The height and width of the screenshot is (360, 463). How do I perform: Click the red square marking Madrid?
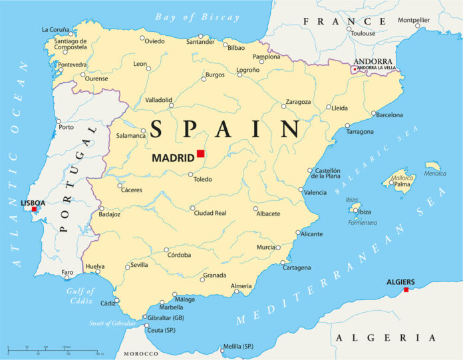200,154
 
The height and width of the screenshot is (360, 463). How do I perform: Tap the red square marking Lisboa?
34,209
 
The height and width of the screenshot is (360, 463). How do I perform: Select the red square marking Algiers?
406,289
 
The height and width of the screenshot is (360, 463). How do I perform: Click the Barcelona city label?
389,115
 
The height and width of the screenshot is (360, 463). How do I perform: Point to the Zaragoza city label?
298,102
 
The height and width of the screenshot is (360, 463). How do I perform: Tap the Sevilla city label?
139,265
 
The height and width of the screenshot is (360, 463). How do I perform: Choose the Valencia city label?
315,192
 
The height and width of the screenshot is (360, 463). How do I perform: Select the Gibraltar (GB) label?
166,317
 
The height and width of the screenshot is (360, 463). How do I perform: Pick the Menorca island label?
435,174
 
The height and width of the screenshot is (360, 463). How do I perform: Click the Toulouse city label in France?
363,33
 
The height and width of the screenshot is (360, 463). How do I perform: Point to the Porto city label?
66,126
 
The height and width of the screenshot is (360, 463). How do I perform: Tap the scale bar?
53,349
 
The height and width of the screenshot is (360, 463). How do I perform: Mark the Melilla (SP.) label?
238,346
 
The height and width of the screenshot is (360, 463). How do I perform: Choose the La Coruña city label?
55,29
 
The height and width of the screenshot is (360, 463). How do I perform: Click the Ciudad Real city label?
210,213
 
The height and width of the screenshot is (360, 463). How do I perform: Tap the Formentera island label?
363,222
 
